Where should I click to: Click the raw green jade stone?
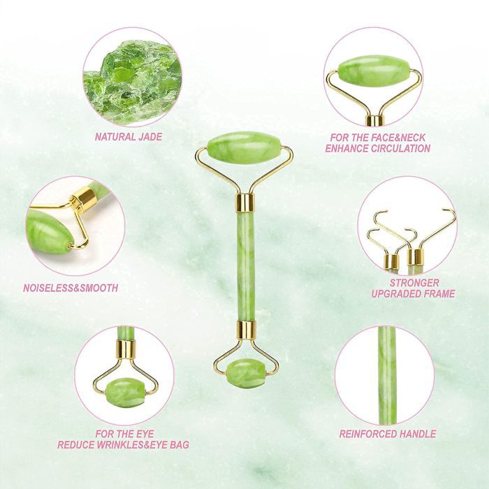(133, 82)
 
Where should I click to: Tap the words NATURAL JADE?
(129, 137)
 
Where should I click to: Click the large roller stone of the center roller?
(244, 147)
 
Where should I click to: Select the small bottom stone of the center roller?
(245, 373)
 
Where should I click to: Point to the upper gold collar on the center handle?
(245, 203)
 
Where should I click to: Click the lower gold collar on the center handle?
(246, 330)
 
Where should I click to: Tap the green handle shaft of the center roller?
(245, 266)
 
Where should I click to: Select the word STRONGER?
(414, 283)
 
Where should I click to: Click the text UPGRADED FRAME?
(413, 294)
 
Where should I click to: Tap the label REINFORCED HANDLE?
(388, 434)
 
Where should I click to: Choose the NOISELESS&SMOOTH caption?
(71, 288)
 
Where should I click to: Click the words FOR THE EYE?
(124, 434)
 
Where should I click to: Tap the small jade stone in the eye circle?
(125, 392)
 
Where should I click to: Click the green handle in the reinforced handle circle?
(387, 375)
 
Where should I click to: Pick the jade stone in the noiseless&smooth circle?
(50, 231)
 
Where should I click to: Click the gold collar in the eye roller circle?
(126, 350)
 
